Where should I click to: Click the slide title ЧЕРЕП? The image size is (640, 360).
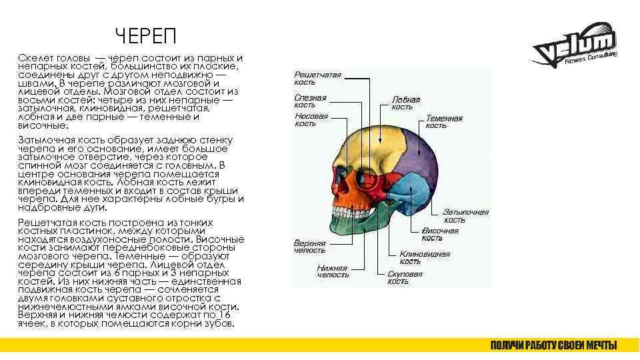(x=144, y=35)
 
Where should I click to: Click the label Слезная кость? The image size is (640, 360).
(x=311, y=101)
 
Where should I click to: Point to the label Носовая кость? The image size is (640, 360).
(x=311, y=119)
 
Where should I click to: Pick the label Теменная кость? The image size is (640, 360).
(x=443, y=122)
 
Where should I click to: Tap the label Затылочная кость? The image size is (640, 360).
(x=465, y=216)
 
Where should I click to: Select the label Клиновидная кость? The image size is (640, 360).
(x=424, y=257)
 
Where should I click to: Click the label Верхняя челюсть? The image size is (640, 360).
(x=309, y=247)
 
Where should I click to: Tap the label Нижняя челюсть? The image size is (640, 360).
(x=333, y=271)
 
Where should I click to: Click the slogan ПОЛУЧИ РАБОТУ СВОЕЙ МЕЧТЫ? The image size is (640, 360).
(x=553, y=345)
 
